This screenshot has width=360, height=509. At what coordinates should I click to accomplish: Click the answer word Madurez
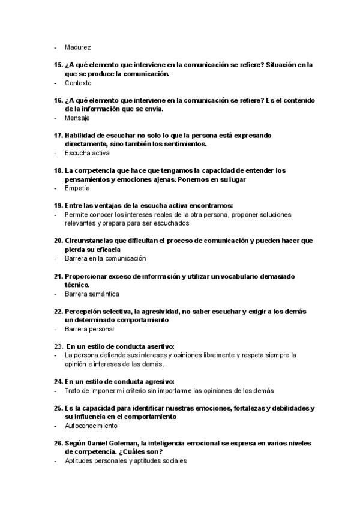pyautogui.click(x=78, y=47)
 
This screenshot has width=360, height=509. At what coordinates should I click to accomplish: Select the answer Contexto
pyautogui.click(x=78, y=83)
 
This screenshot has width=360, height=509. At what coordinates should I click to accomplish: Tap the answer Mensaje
pyautogui.click(x=77, y=118)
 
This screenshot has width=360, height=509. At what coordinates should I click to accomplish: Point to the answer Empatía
pyautogui.click(x=77, y=188)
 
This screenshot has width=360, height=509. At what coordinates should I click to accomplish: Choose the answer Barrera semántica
pyautogui.click(x=92, y=294)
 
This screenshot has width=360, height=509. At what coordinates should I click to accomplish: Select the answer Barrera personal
pyautogui.click(x=89, y=329)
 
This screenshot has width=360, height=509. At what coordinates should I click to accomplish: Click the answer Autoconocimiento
pyautogui.click(x=91, y=426)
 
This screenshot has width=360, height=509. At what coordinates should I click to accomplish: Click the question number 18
pyautogui.click(x=58, y=170)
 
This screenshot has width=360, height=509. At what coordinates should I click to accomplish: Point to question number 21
pyautogui.click(x=58, y=276)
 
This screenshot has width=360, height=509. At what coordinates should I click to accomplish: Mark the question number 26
pyautogui.click(x=58, y=442)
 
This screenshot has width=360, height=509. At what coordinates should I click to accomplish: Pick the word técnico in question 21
pyautogui.click(x=77, y=285)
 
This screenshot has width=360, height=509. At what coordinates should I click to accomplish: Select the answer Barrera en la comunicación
pyautogui.click(x=105, y=258)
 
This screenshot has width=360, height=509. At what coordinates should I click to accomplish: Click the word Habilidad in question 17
pyautogui.click(x=80, y=136)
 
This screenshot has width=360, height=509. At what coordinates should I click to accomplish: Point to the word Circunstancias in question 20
pyautogui.click(x=91, y=241)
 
